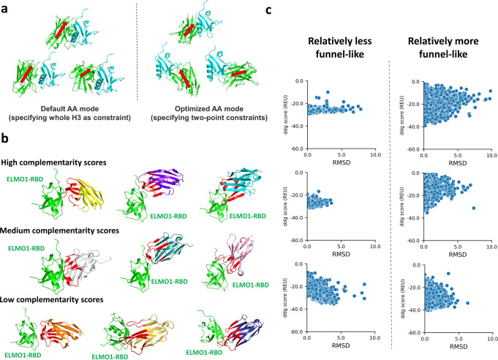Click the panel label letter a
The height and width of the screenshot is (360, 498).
click(5, 7)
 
